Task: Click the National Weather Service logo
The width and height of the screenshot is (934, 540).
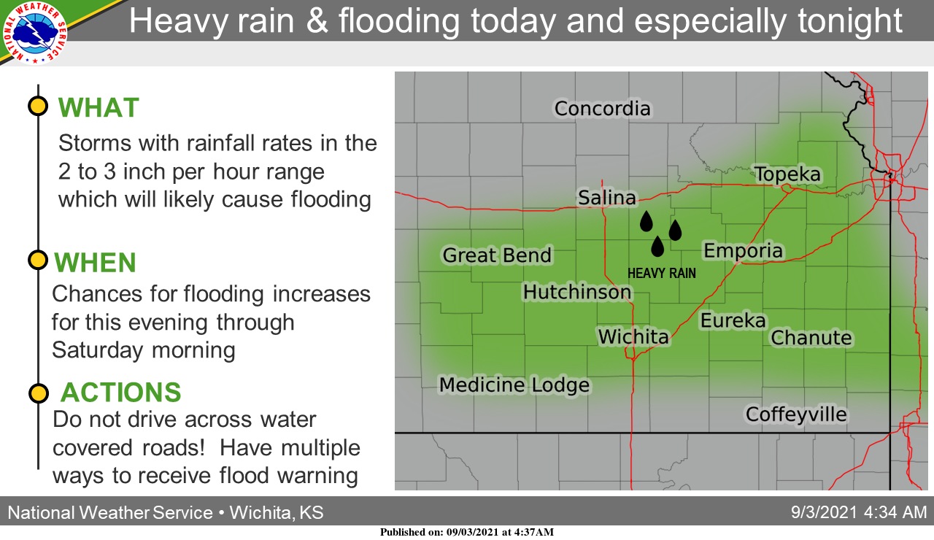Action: (35, 33)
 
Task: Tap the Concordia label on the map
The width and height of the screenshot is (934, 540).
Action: (602, 109)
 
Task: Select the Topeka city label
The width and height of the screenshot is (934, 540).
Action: (787, 174)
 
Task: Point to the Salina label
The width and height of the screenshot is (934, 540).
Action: (606, 198)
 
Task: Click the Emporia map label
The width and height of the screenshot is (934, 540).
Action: (743, 250)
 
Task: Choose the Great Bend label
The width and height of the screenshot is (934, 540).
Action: (497, 255)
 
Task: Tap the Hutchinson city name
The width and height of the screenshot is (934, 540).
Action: (577, 292)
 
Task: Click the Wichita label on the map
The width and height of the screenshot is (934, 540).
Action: (633, 336)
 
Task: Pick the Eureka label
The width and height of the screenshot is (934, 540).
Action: (733, 320)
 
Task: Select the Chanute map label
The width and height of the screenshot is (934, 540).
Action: (811, 338)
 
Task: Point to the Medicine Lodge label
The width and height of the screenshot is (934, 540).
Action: (514, 385)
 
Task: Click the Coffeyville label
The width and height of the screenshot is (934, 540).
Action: (796, 414)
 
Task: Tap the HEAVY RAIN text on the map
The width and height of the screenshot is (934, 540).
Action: (662, 274)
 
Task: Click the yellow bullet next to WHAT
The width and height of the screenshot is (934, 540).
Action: (38, 106)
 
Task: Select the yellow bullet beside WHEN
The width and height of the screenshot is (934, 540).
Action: (38, 261)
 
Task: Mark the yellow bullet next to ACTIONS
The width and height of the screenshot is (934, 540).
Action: (39, 393)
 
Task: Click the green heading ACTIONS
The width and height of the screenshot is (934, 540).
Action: (121, 393)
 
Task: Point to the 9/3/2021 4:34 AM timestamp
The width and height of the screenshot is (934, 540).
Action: (859, 512)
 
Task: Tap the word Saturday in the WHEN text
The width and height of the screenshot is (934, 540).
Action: (97, 350)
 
